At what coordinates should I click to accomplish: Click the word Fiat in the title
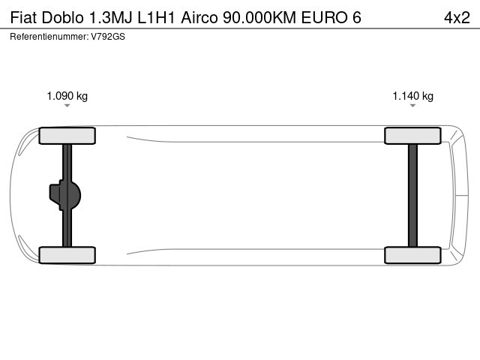pyautogui.click(x=23, y=17)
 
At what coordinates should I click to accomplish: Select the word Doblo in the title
pyautogui.click(x=62, y=17)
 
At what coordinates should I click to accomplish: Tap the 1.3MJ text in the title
pyautogui.click(x=110, y=17)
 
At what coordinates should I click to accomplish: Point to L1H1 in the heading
pyautogui.click(x=156, y=17)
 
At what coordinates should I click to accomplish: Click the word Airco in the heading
pyautogui.click(x=199, y=17)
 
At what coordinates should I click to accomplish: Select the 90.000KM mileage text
pyautogui.click(x=259, y=17)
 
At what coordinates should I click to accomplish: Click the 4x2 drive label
pyautogui.click(x=457, y=17)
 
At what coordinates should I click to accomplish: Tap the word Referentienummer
pyautogui.click(x=49, y=37)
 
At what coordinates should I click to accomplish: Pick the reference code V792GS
pyautogui.click(x=108, y=37)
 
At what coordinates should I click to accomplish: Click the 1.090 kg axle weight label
pyautogui.click(x=67, y=96)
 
